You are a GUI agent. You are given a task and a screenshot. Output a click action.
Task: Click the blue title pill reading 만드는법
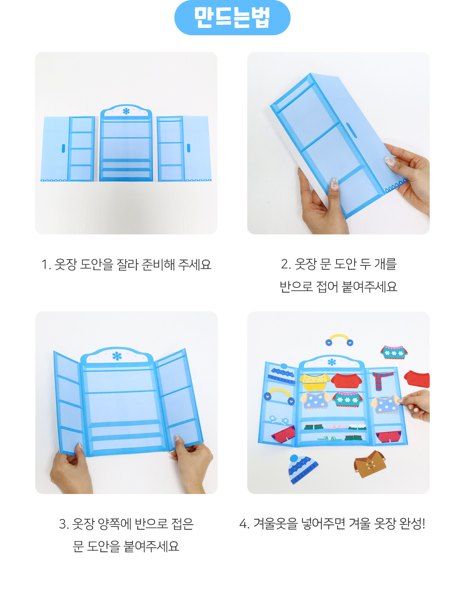[x=232, y=17]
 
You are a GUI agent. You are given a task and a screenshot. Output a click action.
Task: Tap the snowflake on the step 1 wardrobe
[x=126, y=111]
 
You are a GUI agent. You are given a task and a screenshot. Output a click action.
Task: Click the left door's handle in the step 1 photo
[x=64, y=148]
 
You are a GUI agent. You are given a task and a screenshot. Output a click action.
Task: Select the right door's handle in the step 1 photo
[x=189, y=148]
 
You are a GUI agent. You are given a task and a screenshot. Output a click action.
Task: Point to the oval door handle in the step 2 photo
[x=351, y=130]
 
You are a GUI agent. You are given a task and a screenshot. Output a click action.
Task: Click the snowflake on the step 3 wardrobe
[x=117, y=356]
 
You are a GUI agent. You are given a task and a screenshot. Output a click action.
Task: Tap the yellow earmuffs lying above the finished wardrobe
[x=339, y=340]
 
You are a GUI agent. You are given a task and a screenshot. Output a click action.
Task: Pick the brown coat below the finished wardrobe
[x=370, y=464]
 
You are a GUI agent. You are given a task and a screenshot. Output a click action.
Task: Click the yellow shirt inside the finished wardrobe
[x=315, y=382]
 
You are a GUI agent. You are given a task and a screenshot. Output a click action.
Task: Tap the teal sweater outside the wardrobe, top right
[x=394, y=353]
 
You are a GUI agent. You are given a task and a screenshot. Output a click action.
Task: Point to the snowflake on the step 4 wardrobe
[x=331, y=362]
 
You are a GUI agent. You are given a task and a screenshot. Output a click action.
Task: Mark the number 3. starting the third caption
[x=64, y=525]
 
